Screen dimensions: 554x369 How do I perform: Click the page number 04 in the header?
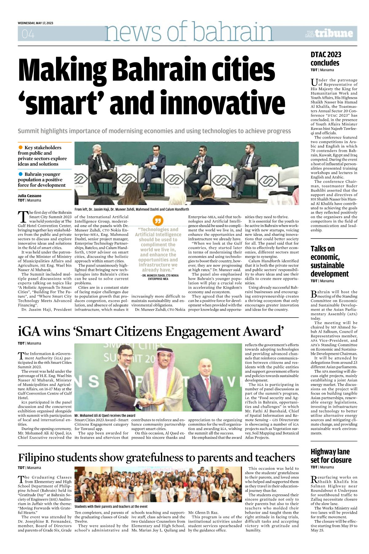point(28,34)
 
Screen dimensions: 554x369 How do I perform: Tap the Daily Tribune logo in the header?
point(329,34)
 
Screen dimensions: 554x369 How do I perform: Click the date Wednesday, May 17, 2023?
point(35,23)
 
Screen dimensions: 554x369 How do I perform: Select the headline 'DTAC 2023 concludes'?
point(326,59)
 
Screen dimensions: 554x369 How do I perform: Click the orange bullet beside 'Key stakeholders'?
point(21,147)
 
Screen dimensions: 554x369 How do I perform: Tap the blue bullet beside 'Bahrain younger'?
point(21,174)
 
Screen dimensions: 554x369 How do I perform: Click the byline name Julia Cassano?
point(30,196)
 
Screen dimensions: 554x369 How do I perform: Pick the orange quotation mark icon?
point(158,220)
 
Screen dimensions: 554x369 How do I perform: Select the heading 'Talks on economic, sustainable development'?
point(329,261)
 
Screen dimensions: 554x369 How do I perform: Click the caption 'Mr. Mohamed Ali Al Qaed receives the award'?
point(105,415)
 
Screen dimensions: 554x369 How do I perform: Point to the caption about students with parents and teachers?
point(111,506)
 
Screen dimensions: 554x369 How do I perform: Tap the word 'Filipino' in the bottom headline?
point(37,458)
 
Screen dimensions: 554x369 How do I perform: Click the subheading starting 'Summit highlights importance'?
point(154,131)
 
